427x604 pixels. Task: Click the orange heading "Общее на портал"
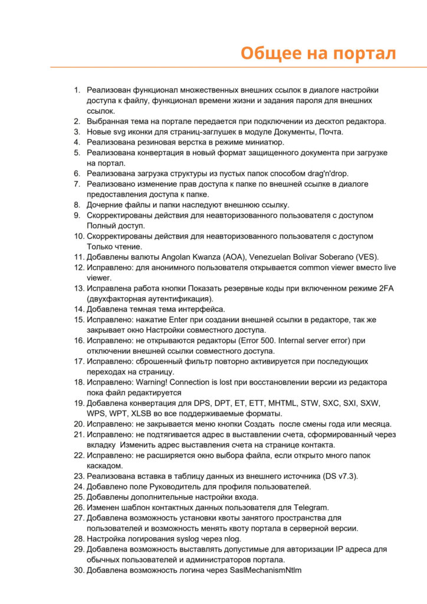[x=318, y=52]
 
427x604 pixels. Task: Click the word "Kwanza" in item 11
[x=201, y=257]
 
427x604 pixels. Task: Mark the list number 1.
[x=77, y=90]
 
